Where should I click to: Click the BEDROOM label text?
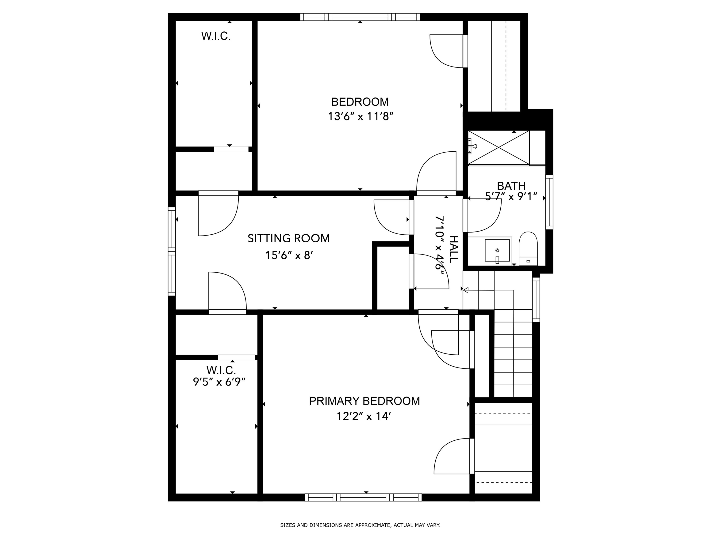[360, 102]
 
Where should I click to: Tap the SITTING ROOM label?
[288, 238]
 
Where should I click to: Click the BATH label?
[511, 186]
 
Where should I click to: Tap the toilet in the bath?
[528, 248]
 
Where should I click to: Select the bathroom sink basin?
[497, 251]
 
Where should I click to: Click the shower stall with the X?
[499, 147]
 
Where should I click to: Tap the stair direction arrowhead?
[465, 290]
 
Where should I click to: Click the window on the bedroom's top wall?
[360, 17]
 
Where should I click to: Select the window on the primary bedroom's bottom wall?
[363, 497]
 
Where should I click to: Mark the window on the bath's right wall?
[549, 202]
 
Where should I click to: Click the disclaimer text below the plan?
[360, 525]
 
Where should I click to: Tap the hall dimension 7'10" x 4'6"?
[439, 246]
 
